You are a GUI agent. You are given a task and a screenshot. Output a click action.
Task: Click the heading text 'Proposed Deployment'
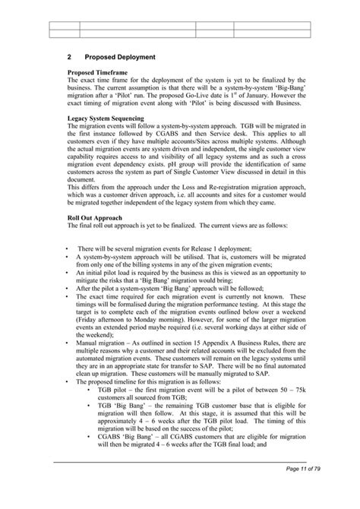tap(120, 57)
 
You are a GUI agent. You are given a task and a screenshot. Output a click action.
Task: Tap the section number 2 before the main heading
tap(68, 57)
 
